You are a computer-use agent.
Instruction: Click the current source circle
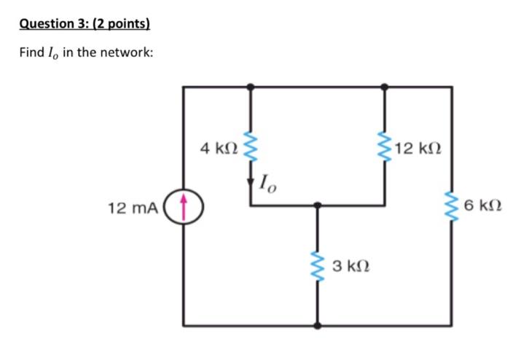click(x=183, y=206)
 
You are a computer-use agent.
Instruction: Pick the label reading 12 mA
click(x=132, y=208)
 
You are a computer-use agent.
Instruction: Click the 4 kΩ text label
click(x=218, y=149)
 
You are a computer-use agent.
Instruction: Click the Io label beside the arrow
click(x=268, y=182)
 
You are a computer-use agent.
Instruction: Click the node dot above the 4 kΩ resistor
click(x=251, y=86)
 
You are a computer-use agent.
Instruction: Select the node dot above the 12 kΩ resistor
click(x=385, y=86)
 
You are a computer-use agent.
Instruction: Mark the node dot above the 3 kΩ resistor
click(x=317, y=206)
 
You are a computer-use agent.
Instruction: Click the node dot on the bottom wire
click(x=317, y=326)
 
